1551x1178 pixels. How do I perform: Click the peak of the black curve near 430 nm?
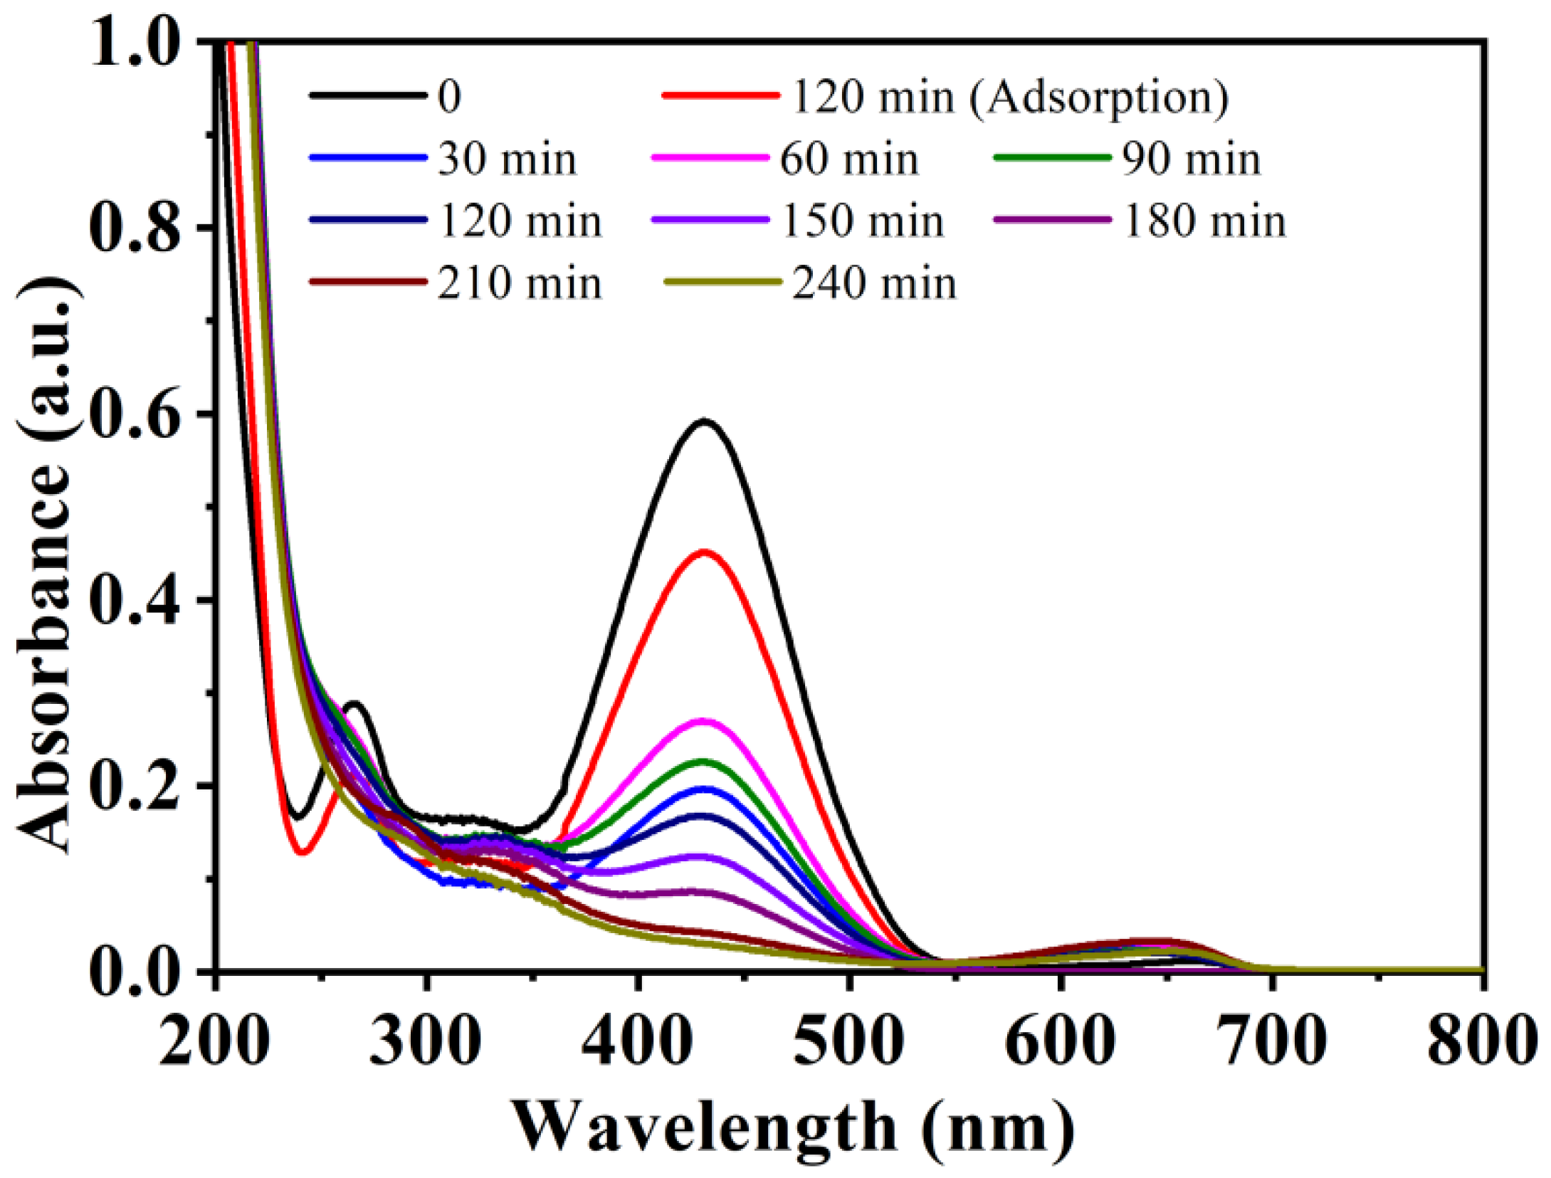click(704, 421)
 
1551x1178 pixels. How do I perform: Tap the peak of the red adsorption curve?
click(704, 552)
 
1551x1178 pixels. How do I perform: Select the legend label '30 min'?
click(507, 159)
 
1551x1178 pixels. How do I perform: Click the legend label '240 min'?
click(875, 284)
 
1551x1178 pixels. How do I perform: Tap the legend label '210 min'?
click(520, 284)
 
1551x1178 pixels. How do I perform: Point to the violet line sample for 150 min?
click(710, 220)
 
